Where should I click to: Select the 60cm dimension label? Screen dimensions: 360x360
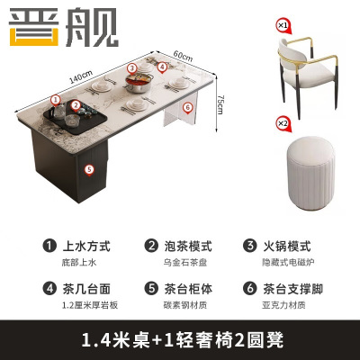(x=183, y=56)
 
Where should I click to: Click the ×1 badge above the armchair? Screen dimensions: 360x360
(x=283, y=26)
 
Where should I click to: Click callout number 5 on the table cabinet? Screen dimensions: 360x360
(x=88, y=167)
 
